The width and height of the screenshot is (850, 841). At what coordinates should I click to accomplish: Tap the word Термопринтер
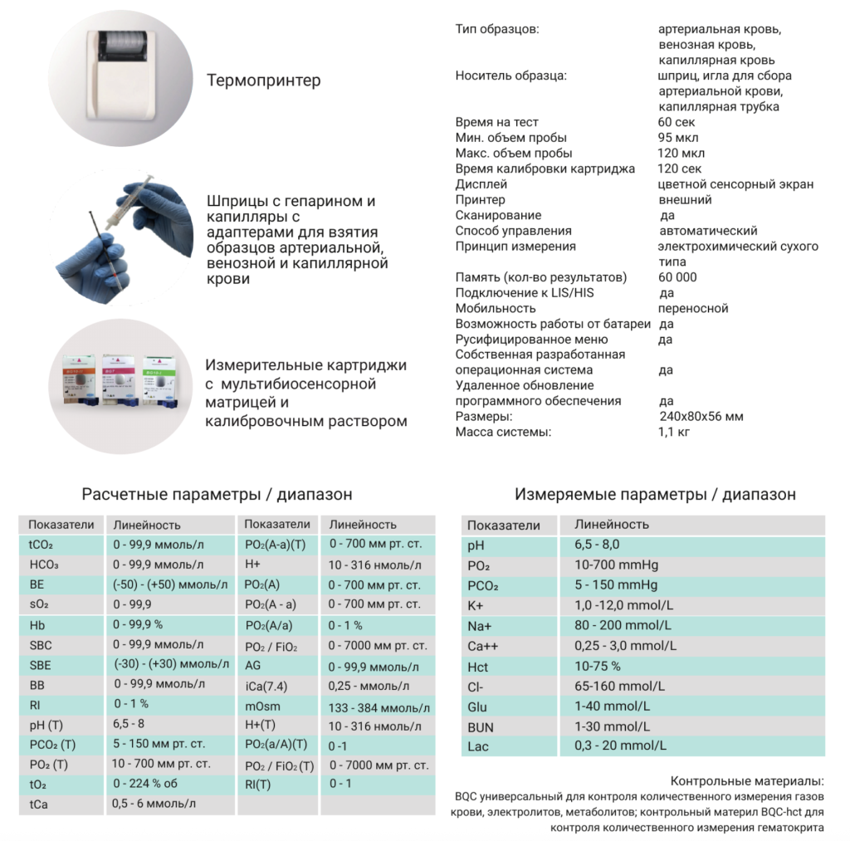click(263, 81)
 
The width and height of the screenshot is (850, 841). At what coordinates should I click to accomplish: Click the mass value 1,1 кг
click(673, 432)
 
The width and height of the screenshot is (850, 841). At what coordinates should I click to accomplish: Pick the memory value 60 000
click(677, 277)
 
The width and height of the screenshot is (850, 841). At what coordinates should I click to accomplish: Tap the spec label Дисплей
click(481, 184)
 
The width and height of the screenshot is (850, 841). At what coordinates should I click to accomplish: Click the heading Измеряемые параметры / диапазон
click(655, 494)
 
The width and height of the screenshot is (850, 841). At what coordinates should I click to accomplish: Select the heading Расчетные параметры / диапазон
click(217, 494)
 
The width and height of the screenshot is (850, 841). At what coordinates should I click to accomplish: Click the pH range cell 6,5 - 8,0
click(597, 545)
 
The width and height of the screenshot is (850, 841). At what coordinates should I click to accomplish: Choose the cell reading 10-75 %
click(597, 666)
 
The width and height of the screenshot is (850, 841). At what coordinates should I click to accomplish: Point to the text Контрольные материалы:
click(747, 781)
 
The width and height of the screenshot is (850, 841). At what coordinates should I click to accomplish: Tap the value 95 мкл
click(677, 138)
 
